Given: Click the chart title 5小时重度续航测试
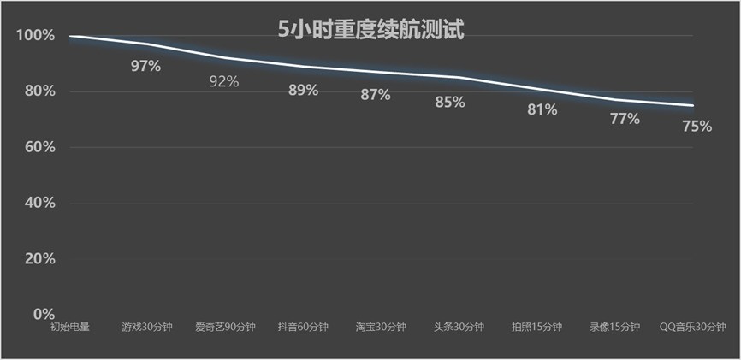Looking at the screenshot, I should click(x=370, y=31).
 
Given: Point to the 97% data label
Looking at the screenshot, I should click(x=145, y=66).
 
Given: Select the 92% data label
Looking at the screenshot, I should click(x=224, y=82).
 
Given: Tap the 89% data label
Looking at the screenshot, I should click(x=303, y=90).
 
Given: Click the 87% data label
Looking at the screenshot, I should click(x=375, y=95).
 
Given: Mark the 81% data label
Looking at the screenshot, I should click(x=542, y=109).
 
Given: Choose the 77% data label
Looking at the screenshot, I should click(x=624, y=119).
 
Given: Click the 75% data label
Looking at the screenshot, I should click(x=697, y=126).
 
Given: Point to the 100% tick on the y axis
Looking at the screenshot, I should click(x=35, y=36).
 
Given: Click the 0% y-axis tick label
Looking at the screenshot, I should click(x=43, y=314).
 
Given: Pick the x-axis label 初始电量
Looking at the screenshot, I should click(x=69, y=327).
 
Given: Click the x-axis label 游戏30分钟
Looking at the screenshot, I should click(x=147, y=327).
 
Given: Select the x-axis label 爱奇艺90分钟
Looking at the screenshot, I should click(x=224, y=327).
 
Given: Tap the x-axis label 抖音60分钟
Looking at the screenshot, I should click(x=303, y=327).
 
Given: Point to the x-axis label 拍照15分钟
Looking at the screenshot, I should click(x=536, y=327).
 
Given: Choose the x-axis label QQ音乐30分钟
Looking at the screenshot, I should click(x=694, y=327).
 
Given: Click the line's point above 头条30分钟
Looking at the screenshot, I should click(x=459, y=77).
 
